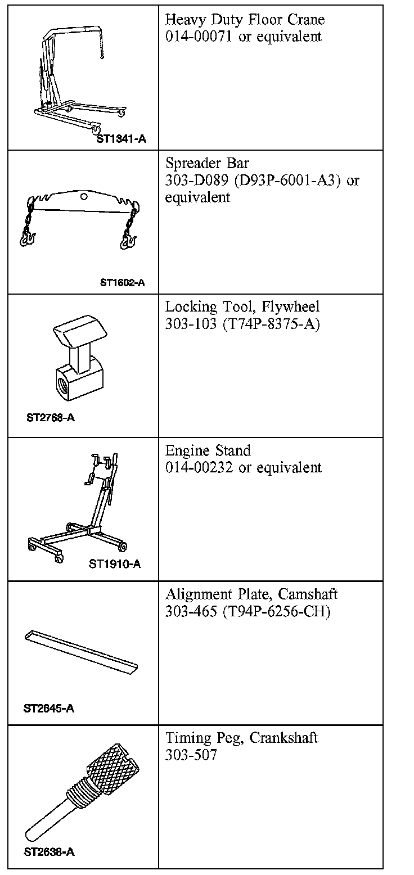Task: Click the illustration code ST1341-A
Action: [121, 138]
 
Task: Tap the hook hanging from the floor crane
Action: [102, 55]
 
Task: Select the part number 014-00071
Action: [200, 37]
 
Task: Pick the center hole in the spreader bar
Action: [84, 197]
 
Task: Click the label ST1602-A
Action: [122, 283]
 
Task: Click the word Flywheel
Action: [291, 308]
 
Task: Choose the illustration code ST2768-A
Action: [50, 418]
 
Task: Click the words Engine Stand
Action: [208, 451]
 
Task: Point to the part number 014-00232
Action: [200, 467]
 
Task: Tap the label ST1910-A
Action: [115, 563]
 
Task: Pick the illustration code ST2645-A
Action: [49, 708]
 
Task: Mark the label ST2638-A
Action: [49, 852]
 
